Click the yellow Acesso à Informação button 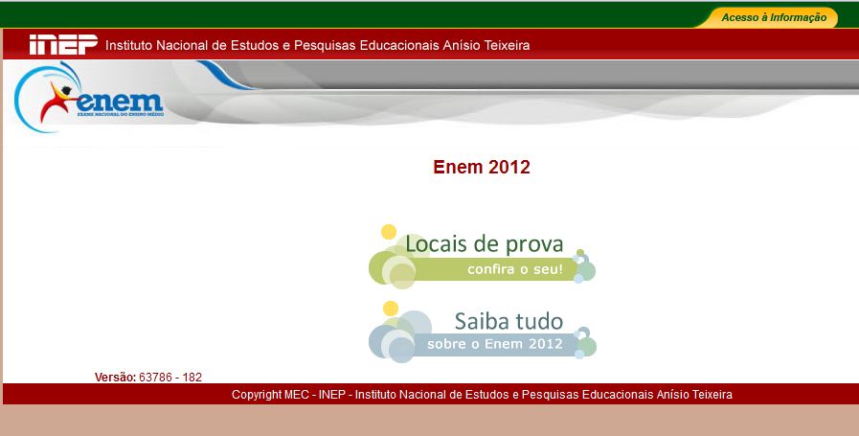coord(773,17)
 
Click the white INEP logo coord(63,45)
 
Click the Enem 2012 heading coord(481,168)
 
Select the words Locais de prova coord(484,243)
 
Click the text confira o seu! coord(515,270)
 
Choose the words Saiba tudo coord(509,320)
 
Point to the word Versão coord(115,378)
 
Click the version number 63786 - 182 coord(170,378)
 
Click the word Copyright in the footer coord(257,395)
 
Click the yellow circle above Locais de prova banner coord(388,232)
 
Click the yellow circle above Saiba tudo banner coord(390,309)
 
